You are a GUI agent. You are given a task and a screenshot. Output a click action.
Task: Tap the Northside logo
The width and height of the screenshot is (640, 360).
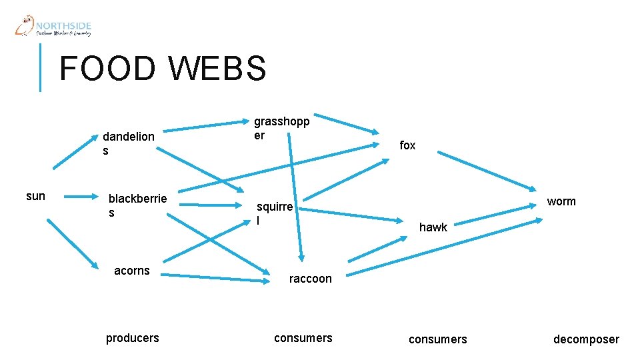[53, 27]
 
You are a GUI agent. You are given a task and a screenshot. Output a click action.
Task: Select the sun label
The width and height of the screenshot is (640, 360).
[35, 196]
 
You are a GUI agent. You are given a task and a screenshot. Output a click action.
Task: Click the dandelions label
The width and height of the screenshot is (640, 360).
[128, 143]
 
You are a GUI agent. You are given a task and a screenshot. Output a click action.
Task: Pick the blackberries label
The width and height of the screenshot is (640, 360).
[137, 205]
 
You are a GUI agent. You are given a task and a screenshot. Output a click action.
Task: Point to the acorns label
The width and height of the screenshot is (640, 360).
[132, 271]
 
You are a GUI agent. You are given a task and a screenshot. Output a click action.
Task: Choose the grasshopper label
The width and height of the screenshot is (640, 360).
[281, 128]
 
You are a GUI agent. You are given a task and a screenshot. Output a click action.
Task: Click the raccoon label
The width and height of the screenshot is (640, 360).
[310, 279]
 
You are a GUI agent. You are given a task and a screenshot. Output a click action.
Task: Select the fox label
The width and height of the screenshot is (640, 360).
[407, 145]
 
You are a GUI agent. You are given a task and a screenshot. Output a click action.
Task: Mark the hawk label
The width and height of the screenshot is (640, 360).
[433, 227]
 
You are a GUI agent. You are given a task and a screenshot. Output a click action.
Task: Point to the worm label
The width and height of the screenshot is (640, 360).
[561, 201]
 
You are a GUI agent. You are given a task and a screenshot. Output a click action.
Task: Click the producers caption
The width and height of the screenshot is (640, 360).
[133, 338]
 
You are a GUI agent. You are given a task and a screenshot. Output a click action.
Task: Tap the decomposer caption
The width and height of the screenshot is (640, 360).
[586, 339]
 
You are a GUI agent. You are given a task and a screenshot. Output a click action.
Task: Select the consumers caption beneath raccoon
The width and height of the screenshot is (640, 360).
[303, 338]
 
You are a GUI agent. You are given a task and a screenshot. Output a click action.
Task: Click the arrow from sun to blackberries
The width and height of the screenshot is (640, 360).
[83, 196]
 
